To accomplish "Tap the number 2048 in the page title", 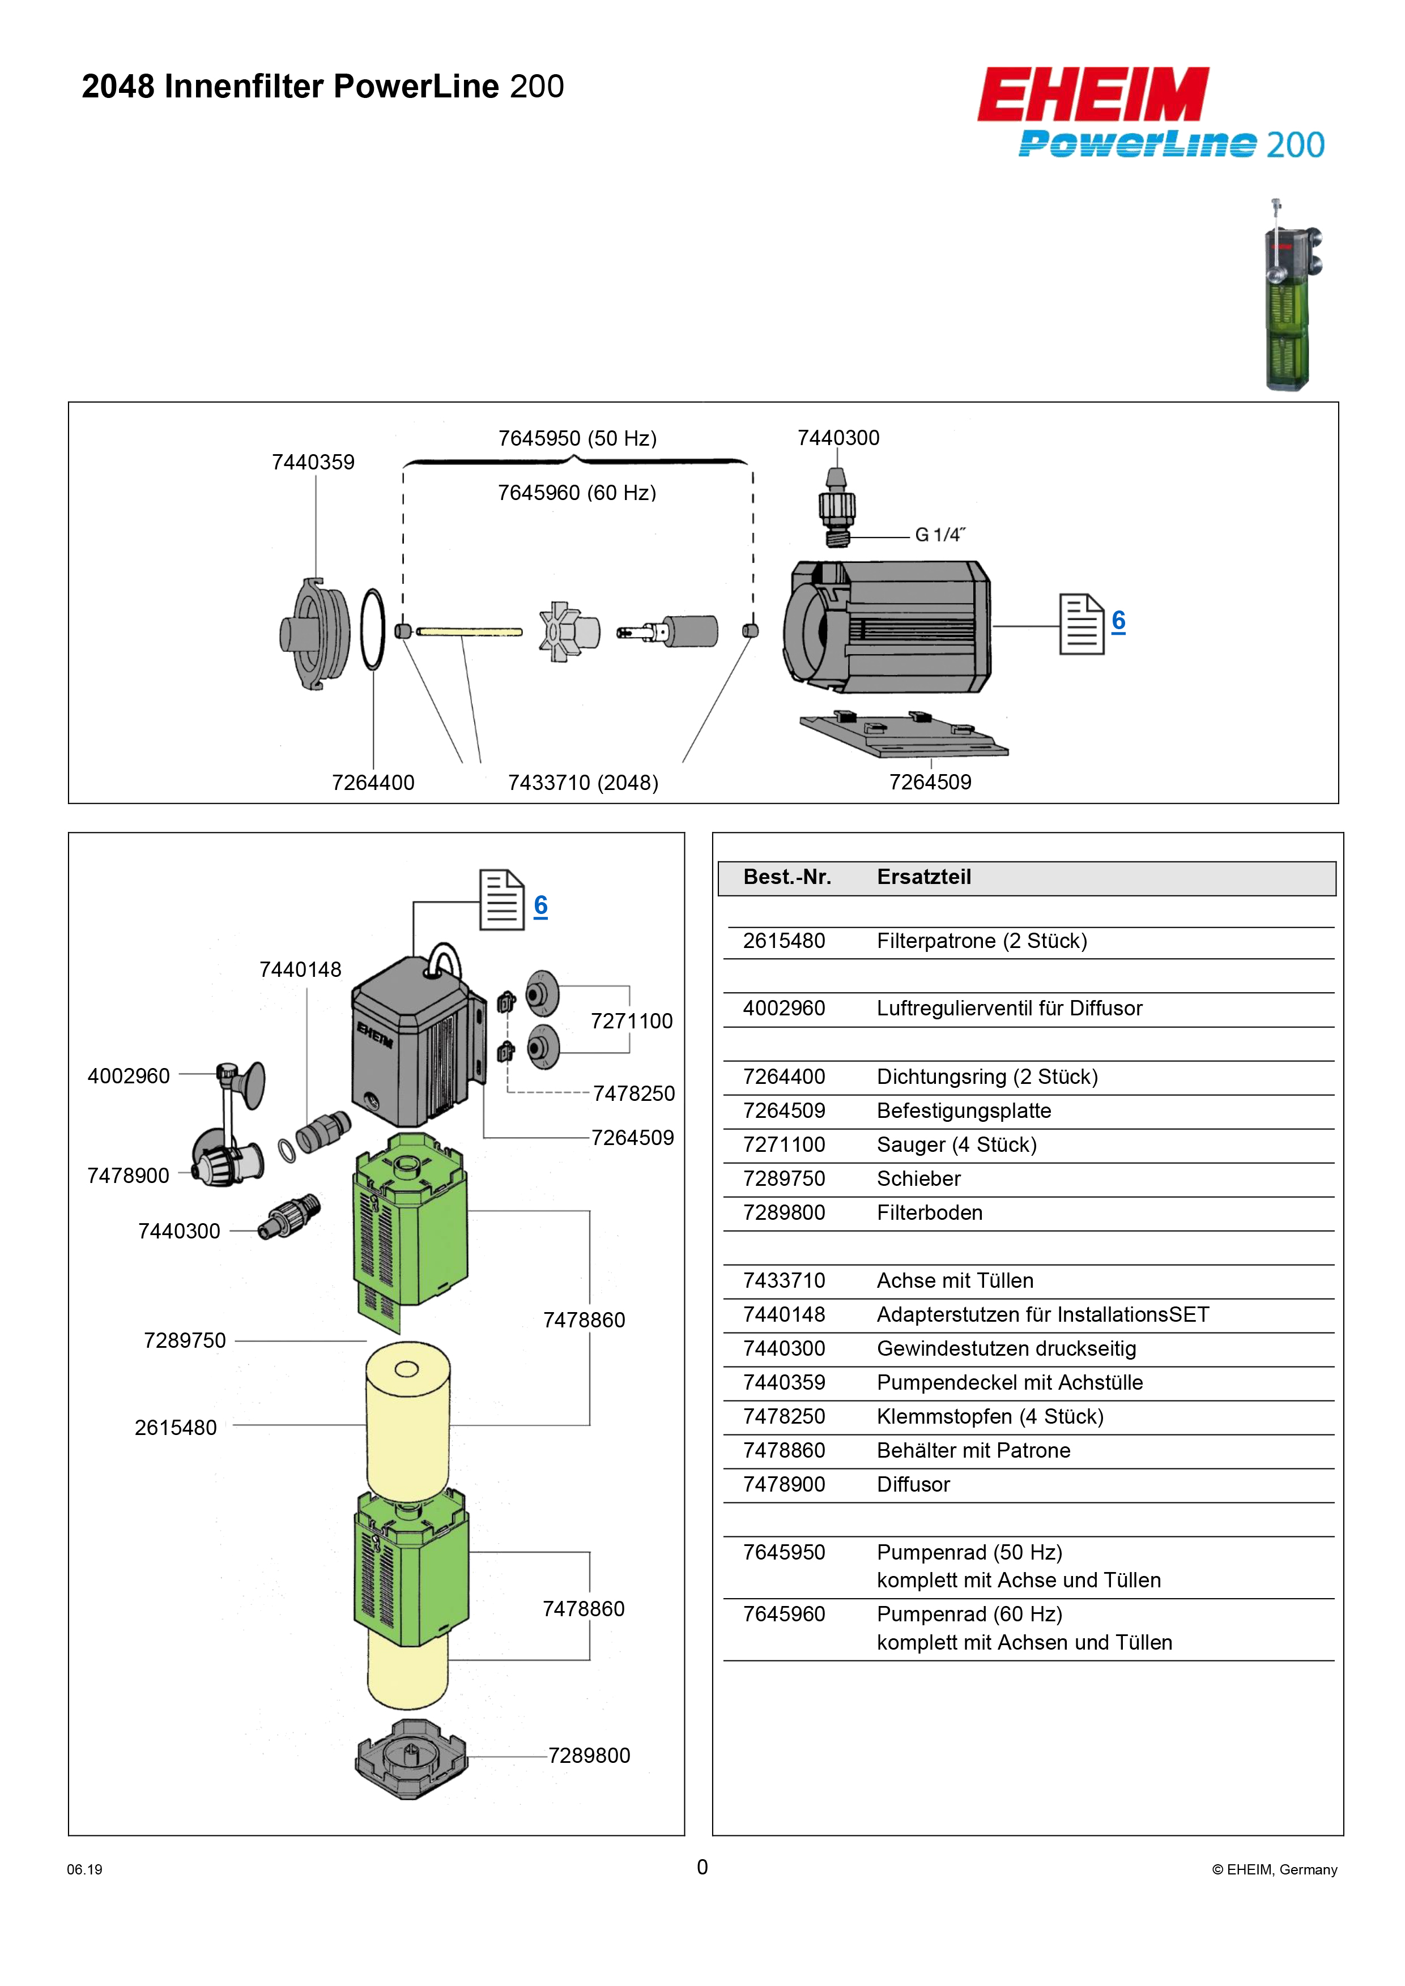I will coord(118,87).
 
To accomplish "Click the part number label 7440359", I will coord(313,462).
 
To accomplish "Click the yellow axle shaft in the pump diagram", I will coord(470,631).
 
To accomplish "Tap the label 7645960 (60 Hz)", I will coord(577,493).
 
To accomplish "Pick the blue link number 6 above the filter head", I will coord(540,905).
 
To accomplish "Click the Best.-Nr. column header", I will coord(787,877).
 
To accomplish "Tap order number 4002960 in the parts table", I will coord(784,1009).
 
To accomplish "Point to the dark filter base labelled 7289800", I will coord(411,1760).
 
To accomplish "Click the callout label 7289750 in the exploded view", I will coord(184,1341).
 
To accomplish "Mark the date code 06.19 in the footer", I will coord(85,1869).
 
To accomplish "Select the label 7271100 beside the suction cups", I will coord(632,1022).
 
